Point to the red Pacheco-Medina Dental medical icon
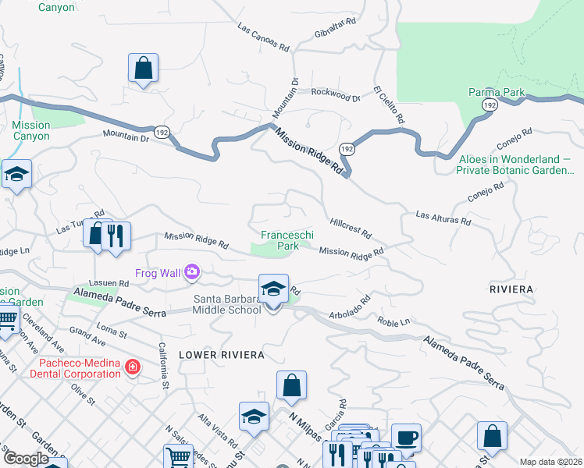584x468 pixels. (134, 366)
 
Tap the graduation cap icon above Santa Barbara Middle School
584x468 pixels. (273, 289)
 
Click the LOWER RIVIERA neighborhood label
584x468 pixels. (222, 354)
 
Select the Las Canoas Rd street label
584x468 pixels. (262, 36)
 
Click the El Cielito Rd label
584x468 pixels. (388, 105)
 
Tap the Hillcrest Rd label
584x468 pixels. (350, 228)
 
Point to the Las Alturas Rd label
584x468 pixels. (443, 218)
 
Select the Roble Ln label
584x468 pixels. (393, 321)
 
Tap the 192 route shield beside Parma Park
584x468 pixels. (490, 105)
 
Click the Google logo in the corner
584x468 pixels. (26, 459)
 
